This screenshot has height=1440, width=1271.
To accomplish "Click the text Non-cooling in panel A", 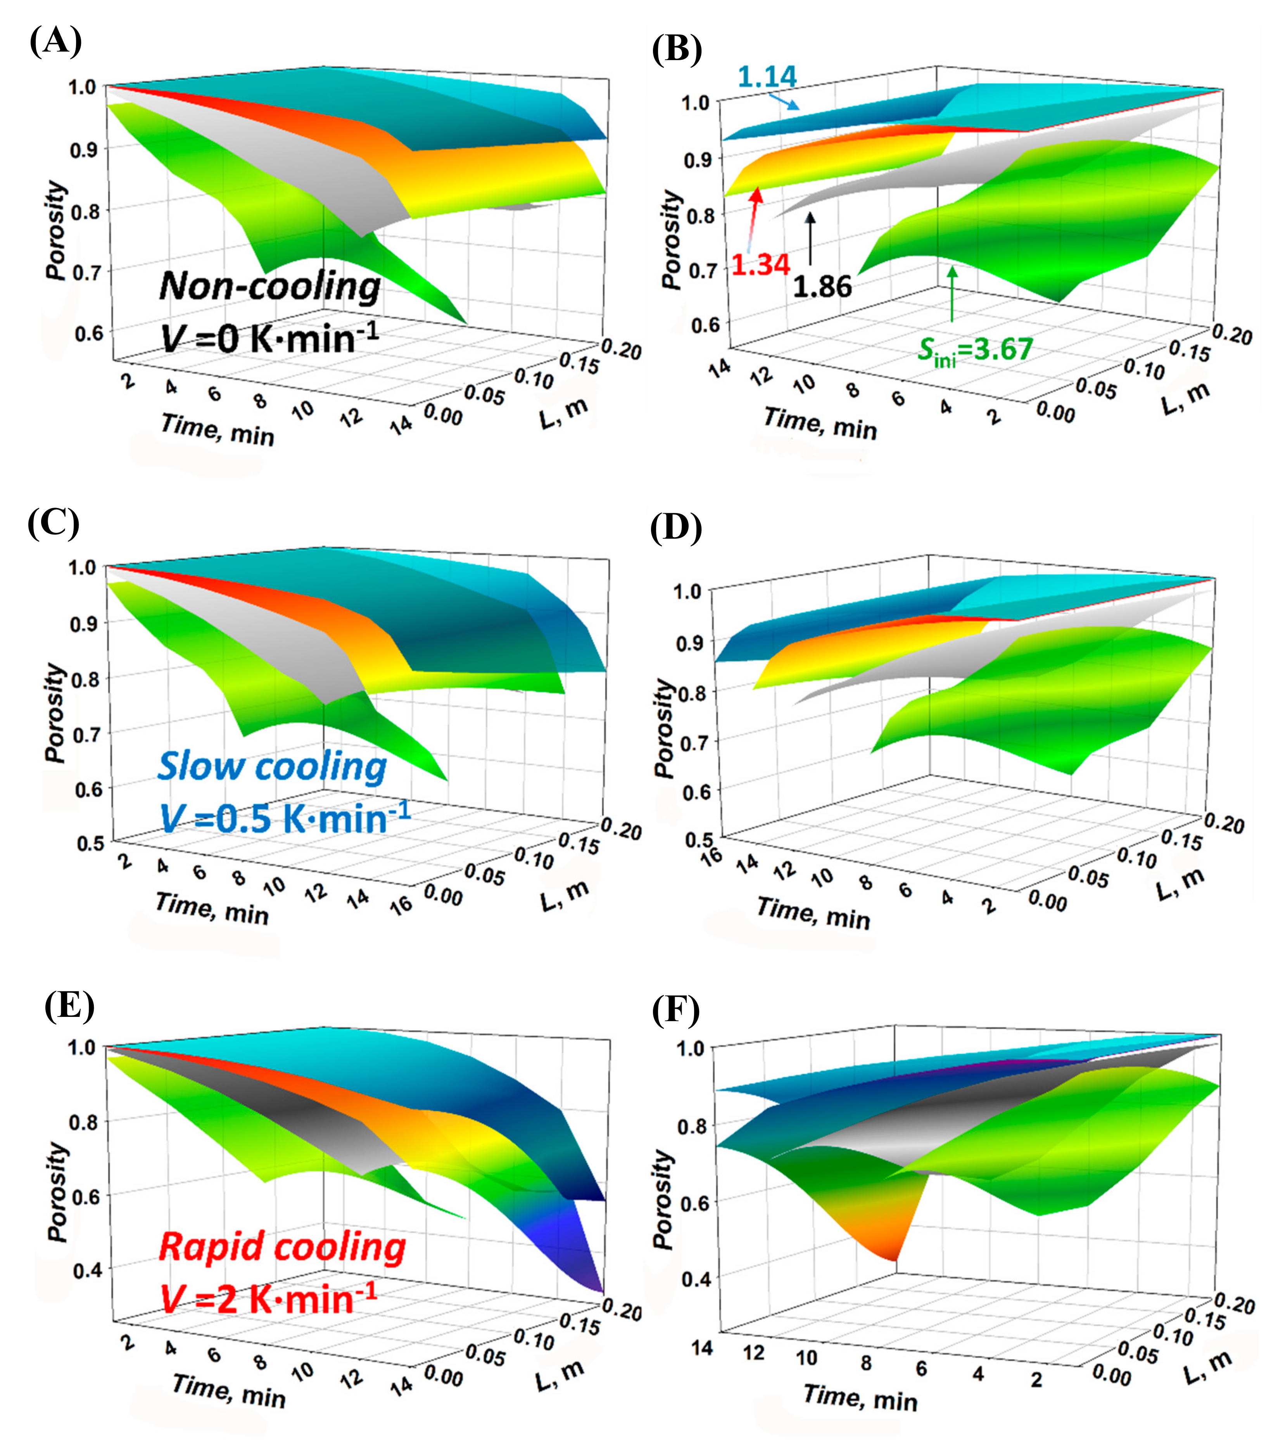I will [270, 286].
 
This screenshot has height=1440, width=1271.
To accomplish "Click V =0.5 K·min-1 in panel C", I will [285, 819].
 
